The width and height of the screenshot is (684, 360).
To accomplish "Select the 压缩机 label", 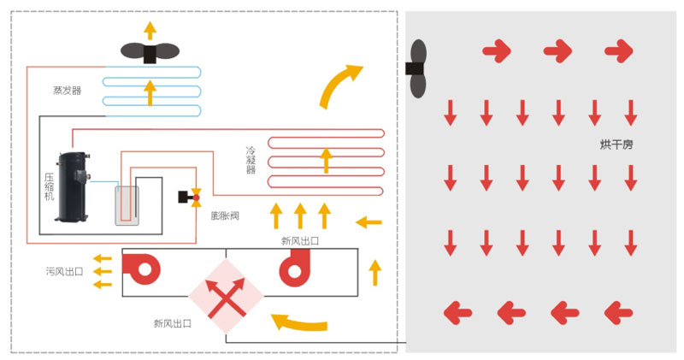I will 49,186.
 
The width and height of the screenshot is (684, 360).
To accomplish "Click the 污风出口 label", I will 64,272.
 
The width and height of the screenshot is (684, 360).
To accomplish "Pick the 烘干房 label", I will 616,145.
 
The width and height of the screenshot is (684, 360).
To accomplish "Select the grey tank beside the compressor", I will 128,206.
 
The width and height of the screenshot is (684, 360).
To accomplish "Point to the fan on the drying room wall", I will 417,69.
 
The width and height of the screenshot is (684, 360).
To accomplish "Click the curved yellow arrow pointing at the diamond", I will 298,323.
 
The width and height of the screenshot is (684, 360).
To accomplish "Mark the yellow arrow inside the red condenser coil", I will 324,159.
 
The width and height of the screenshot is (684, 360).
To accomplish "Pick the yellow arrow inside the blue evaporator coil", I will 150,91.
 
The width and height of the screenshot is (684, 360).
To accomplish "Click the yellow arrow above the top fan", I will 150,30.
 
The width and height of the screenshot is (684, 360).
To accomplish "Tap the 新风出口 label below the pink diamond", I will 172,323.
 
